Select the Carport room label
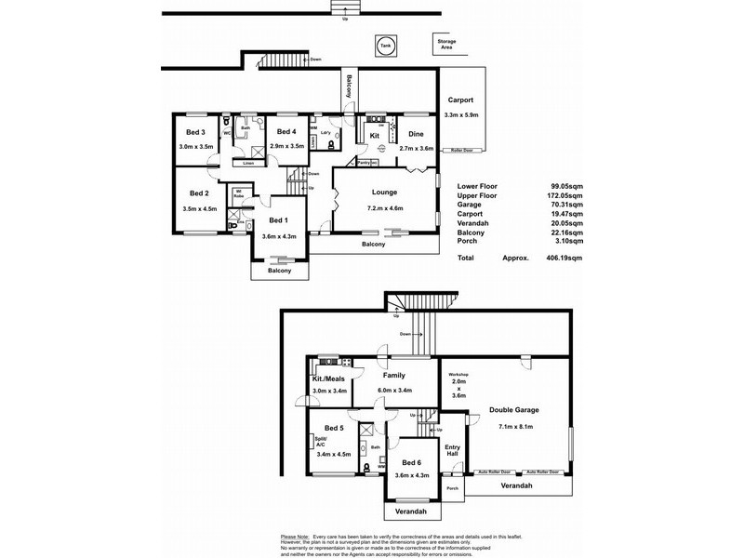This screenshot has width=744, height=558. click(x=461, y=100)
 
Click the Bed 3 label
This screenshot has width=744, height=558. click(x=195, y=132)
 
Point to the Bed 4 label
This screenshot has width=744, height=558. click(x=286, y=132)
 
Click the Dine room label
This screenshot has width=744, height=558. click(x=416, y=135)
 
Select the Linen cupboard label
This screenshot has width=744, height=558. click(x=248, y=164)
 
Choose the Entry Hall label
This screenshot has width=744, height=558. click(x=453, y=452)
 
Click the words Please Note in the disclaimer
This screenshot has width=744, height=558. click(x=295, y=538)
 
